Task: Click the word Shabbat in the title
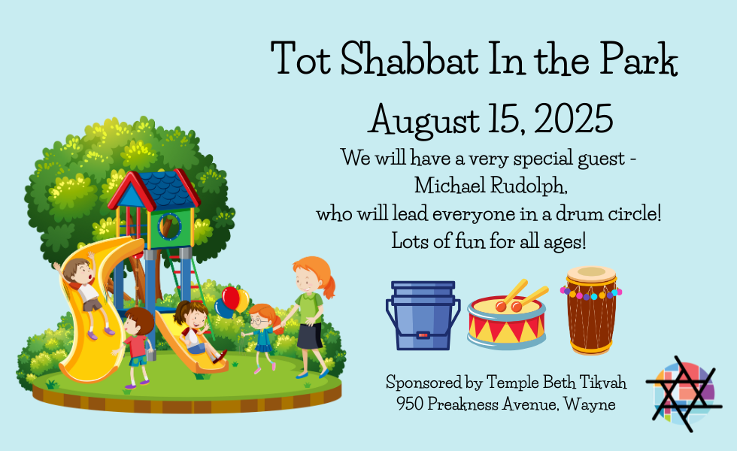click(x=409, y=59)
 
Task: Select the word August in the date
click(x=423, y=120)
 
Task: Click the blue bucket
click(x=423, y=315)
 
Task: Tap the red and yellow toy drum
click(x=508, y=315)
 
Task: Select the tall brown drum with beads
click(x=591, y=310)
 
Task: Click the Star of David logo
click(x=684, y=394)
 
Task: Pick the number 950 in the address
click(x=409, y=404)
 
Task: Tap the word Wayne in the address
click(x=590, y=404)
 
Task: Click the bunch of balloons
click(x=232, y=301)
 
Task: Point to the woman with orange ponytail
click(x=309, y=317)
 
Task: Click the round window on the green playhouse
click(x=168, y=226)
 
